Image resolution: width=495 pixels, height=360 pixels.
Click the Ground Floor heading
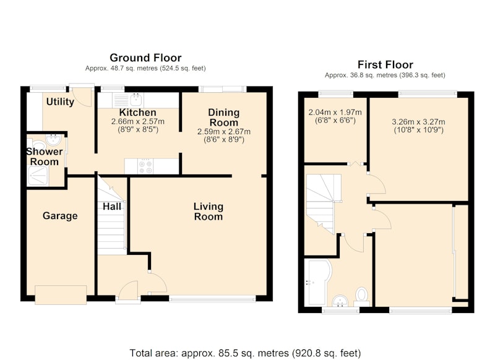click(145, 58)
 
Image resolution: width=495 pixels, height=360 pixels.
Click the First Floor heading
click(385, 65)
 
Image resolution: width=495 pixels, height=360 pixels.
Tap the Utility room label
click(60, 101)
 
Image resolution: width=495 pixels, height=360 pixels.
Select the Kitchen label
click(137, 113)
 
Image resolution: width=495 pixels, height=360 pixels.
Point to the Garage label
click(60, 216)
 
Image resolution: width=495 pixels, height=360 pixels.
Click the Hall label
click(112, 207)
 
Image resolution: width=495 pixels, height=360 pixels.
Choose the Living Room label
click(209, 212)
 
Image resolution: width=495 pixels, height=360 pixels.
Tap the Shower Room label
click(44, 156)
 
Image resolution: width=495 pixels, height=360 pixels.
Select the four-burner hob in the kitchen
click(145, 166)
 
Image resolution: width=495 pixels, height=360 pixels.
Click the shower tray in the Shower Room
click(38, 176)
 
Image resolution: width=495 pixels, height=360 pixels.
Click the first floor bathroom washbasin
click(340, 301)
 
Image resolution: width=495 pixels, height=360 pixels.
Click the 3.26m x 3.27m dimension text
click(418, 126)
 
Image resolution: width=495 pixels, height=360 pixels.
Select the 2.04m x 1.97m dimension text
click(335, 116)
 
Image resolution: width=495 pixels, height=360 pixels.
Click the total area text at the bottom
click(245, 353)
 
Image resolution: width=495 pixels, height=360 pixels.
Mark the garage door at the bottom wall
click(61, 295)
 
